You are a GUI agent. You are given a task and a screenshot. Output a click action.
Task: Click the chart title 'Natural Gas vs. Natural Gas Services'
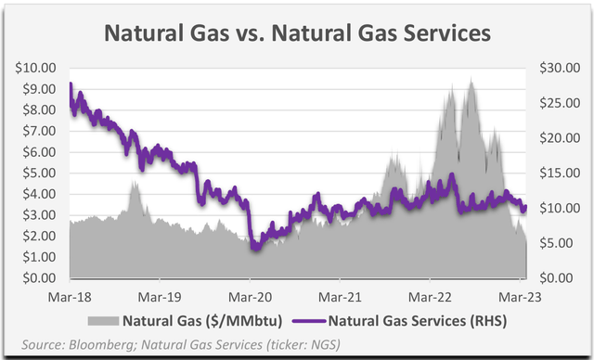296,33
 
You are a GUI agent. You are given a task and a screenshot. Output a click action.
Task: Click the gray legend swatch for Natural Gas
104,321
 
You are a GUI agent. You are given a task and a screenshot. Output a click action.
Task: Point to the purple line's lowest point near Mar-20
254,249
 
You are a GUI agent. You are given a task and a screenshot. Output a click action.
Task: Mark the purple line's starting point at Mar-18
71,86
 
